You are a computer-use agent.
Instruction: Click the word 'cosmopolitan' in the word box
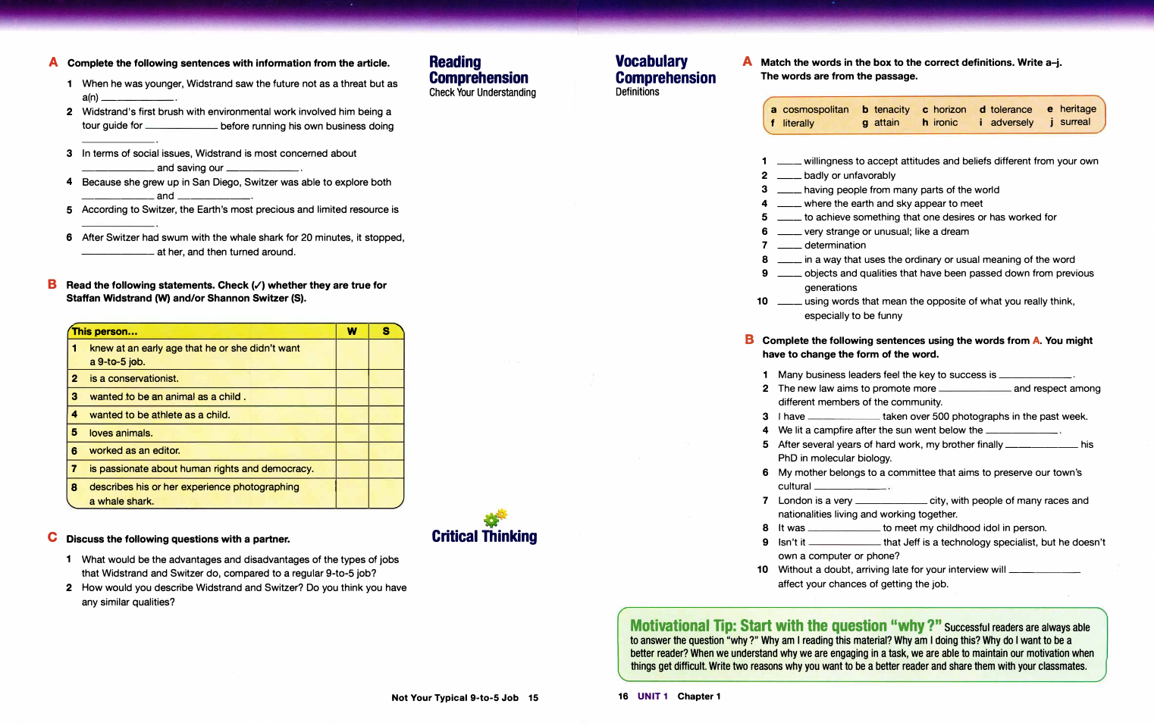[815, 110]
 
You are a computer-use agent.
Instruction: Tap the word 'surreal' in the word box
[1075, 122]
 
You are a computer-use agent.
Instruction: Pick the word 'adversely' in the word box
[1011, 123]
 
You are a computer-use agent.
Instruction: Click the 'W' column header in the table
[352, 331]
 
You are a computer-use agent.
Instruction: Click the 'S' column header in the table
[386, 331]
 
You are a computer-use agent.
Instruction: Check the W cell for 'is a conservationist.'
[352, 378]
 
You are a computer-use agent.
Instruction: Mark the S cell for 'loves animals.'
[386, 433]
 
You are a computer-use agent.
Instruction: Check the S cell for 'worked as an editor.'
[386, 451]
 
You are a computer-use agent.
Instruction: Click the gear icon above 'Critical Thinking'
[494, 518]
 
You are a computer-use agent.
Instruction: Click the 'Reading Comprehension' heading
[478, 70]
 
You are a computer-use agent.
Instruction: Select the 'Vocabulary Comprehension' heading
[664, 70]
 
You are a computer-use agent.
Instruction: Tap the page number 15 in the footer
[533, 698]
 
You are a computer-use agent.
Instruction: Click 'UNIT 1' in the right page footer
[652, 696]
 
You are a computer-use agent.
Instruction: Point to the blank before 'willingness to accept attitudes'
[789, 162]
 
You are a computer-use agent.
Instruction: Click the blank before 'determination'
[789, 246]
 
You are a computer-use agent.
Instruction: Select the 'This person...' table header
[105, 331]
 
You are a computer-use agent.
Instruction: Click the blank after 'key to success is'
[1035, 376]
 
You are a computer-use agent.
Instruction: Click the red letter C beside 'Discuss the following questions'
[52, 537]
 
